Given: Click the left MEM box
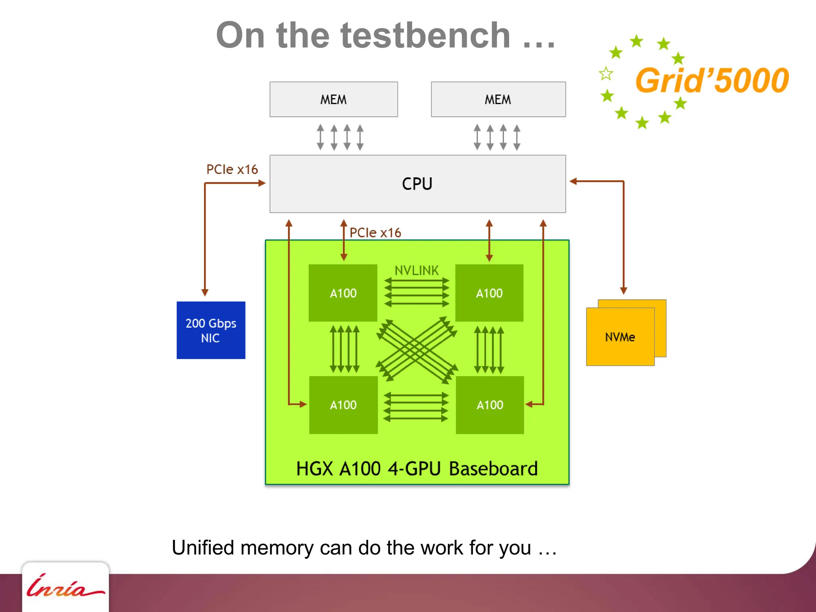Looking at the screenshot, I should click(333, 99).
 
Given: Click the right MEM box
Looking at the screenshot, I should click(498, 99).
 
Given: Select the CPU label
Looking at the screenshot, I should click(417, 184).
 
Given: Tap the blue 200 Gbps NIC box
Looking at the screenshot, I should click(211, 330).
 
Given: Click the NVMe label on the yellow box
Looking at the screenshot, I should click(620, 337).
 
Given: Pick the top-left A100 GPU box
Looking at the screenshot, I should click(343, 293).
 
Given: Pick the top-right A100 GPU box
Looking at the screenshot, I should click(489, 293).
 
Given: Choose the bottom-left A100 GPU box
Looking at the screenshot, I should click(343, 405).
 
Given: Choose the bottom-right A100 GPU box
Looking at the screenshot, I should click(490, 405).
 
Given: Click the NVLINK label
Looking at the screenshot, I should click(416, 271).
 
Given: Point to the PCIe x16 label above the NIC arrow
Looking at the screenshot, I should click(232, 169).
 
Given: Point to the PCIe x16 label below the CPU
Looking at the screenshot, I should click(375, 233).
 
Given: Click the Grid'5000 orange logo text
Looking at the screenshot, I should click(712, 80).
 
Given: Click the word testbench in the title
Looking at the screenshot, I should click(426, 36).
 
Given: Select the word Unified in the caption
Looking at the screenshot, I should click(203, 547).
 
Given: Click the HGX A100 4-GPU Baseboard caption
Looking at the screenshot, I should click(417, 469).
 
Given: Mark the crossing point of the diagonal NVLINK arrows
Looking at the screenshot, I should click(417, 349).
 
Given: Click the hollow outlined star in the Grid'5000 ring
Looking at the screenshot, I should click(606, 73).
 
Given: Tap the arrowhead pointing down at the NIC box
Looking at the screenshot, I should click(205, 292).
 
